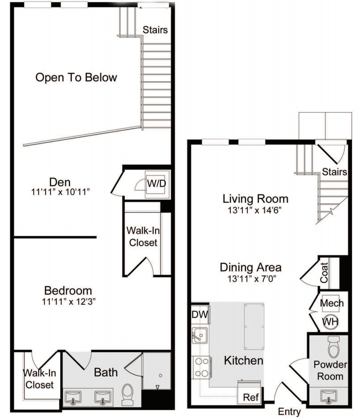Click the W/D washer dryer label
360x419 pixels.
point(155,183)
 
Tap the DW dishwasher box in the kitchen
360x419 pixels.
point(200,314)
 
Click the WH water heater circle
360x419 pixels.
point(331,321)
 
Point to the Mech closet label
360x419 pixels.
point(332,303)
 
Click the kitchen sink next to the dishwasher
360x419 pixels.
point(199,335)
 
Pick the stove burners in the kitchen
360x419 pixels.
point(201,367)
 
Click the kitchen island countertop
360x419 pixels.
point(254,326)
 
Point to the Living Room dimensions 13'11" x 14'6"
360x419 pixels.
point(255,209)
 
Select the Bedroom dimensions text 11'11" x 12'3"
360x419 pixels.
point(68,301)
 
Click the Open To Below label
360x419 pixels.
point(76,77)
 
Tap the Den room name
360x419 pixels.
point(60,182)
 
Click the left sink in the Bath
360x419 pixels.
point(73,397)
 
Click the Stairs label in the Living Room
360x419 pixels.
point(335,172)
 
